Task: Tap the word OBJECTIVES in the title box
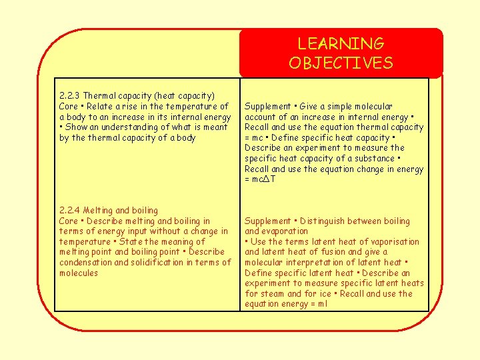(341, 63)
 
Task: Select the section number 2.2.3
(70, 96)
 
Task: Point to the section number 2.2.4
(70, 211)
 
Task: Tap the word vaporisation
(393, 242)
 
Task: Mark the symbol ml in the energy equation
(323, 304)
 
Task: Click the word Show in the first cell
(76, 127)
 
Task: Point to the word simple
(339, 107)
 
